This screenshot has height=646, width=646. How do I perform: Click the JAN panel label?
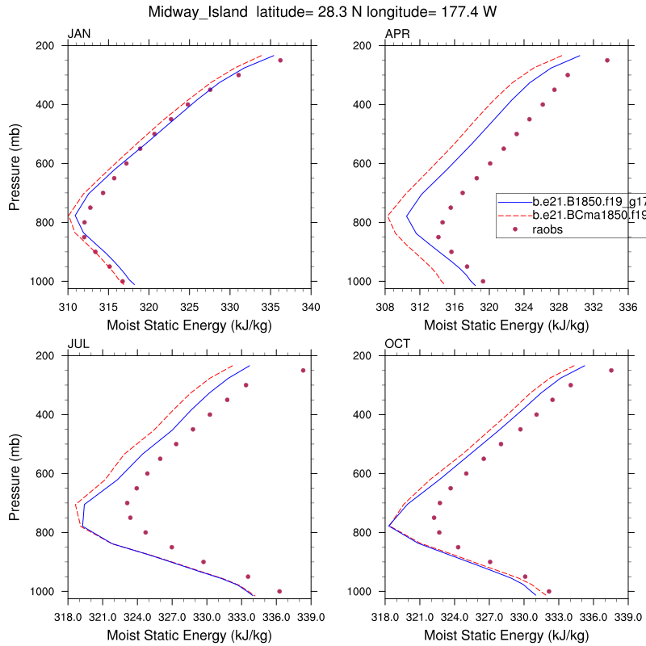(78, 33)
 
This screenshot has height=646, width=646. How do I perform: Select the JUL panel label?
(78, 343)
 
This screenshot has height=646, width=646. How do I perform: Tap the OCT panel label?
(398, 343)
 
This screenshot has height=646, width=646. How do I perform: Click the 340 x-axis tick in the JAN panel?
(311, 307)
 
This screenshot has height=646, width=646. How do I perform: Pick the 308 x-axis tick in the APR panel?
(385, 307)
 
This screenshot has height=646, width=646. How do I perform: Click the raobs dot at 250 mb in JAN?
(280, 61)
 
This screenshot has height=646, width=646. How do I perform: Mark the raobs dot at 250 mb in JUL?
(303, 371)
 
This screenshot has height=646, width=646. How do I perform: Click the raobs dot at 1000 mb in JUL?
(279, 591)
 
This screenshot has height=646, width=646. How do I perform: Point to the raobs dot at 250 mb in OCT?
(611, 371)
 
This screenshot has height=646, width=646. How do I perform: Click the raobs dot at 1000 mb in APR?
(483, 281)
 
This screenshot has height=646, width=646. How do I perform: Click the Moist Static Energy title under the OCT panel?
(506, 636)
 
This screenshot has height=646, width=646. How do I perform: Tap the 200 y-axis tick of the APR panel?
(365, 46)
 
